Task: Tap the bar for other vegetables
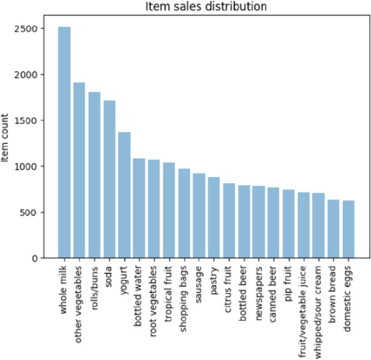pyautogui.click(x=80, y=170)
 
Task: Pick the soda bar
pyautogui.click(x=109, y=179)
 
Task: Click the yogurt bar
pyautogui.click(x=125, y=195)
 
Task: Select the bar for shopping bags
pyautogui.click(x=184, y=213)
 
